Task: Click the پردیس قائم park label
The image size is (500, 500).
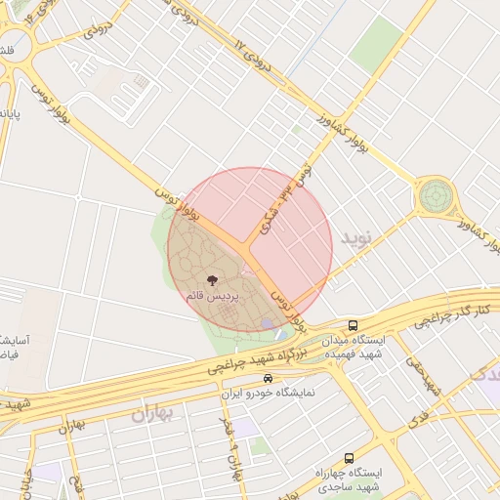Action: [212, 295]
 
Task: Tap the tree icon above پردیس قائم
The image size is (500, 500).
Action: [213, 280]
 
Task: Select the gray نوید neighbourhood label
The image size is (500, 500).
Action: [356, 237]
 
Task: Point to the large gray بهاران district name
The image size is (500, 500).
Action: [151, 413]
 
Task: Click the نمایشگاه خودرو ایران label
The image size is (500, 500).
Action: [268, 393]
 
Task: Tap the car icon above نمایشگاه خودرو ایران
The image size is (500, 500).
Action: [268, 379]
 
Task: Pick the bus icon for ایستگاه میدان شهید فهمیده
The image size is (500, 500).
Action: [353, 325]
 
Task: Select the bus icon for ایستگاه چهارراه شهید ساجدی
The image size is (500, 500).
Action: [349, 458]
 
